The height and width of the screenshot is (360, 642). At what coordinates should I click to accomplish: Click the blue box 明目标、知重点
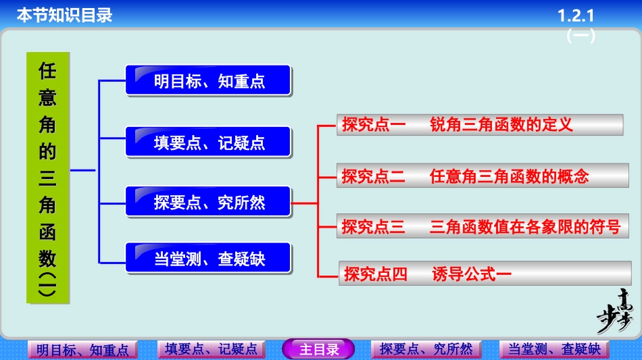(x=208, y=81)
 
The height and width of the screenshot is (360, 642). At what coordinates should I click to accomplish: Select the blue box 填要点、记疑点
(x=208, y=143)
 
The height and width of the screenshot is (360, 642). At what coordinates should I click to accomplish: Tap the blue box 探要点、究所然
(x=208, y=201)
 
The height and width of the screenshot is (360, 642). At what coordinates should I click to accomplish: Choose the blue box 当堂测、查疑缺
(x=208, y=259)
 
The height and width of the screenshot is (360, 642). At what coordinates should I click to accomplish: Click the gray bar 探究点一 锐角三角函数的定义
(x=479, y=124)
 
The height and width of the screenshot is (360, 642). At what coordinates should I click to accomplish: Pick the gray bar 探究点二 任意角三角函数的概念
(x=479, y=176)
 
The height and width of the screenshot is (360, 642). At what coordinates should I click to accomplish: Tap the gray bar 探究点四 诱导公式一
(x=485, y=274)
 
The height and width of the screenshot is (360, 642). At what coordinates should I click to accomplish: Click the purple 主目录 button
(x=318, y=349)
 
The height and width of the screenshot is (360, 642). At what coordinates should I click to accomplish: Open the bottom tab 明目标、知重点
(x=82, y=350)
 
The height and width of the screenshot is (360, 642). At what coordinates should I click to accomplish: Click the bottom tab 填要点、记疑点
(x=211, y=349)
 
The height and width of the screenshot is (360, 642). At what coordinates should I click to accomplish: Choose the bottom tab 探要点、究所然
(x=426, y=349)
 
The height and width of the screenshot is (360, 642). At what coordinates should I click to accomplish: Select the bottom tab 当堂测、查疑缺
(x=554, y=349)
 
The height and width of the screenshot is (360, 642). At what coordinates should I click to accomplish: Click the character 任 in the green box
(x=47, y=71)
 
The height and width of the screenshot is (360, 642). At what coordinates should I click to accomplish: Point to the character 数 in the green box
(x=47, y=257)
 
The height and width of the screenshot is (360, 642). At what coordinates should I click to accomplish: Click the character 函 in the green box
(x=47, y=232)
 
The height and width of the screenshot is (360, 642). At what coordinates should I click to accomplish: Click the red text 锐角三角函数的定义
(x=501, y=124)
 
